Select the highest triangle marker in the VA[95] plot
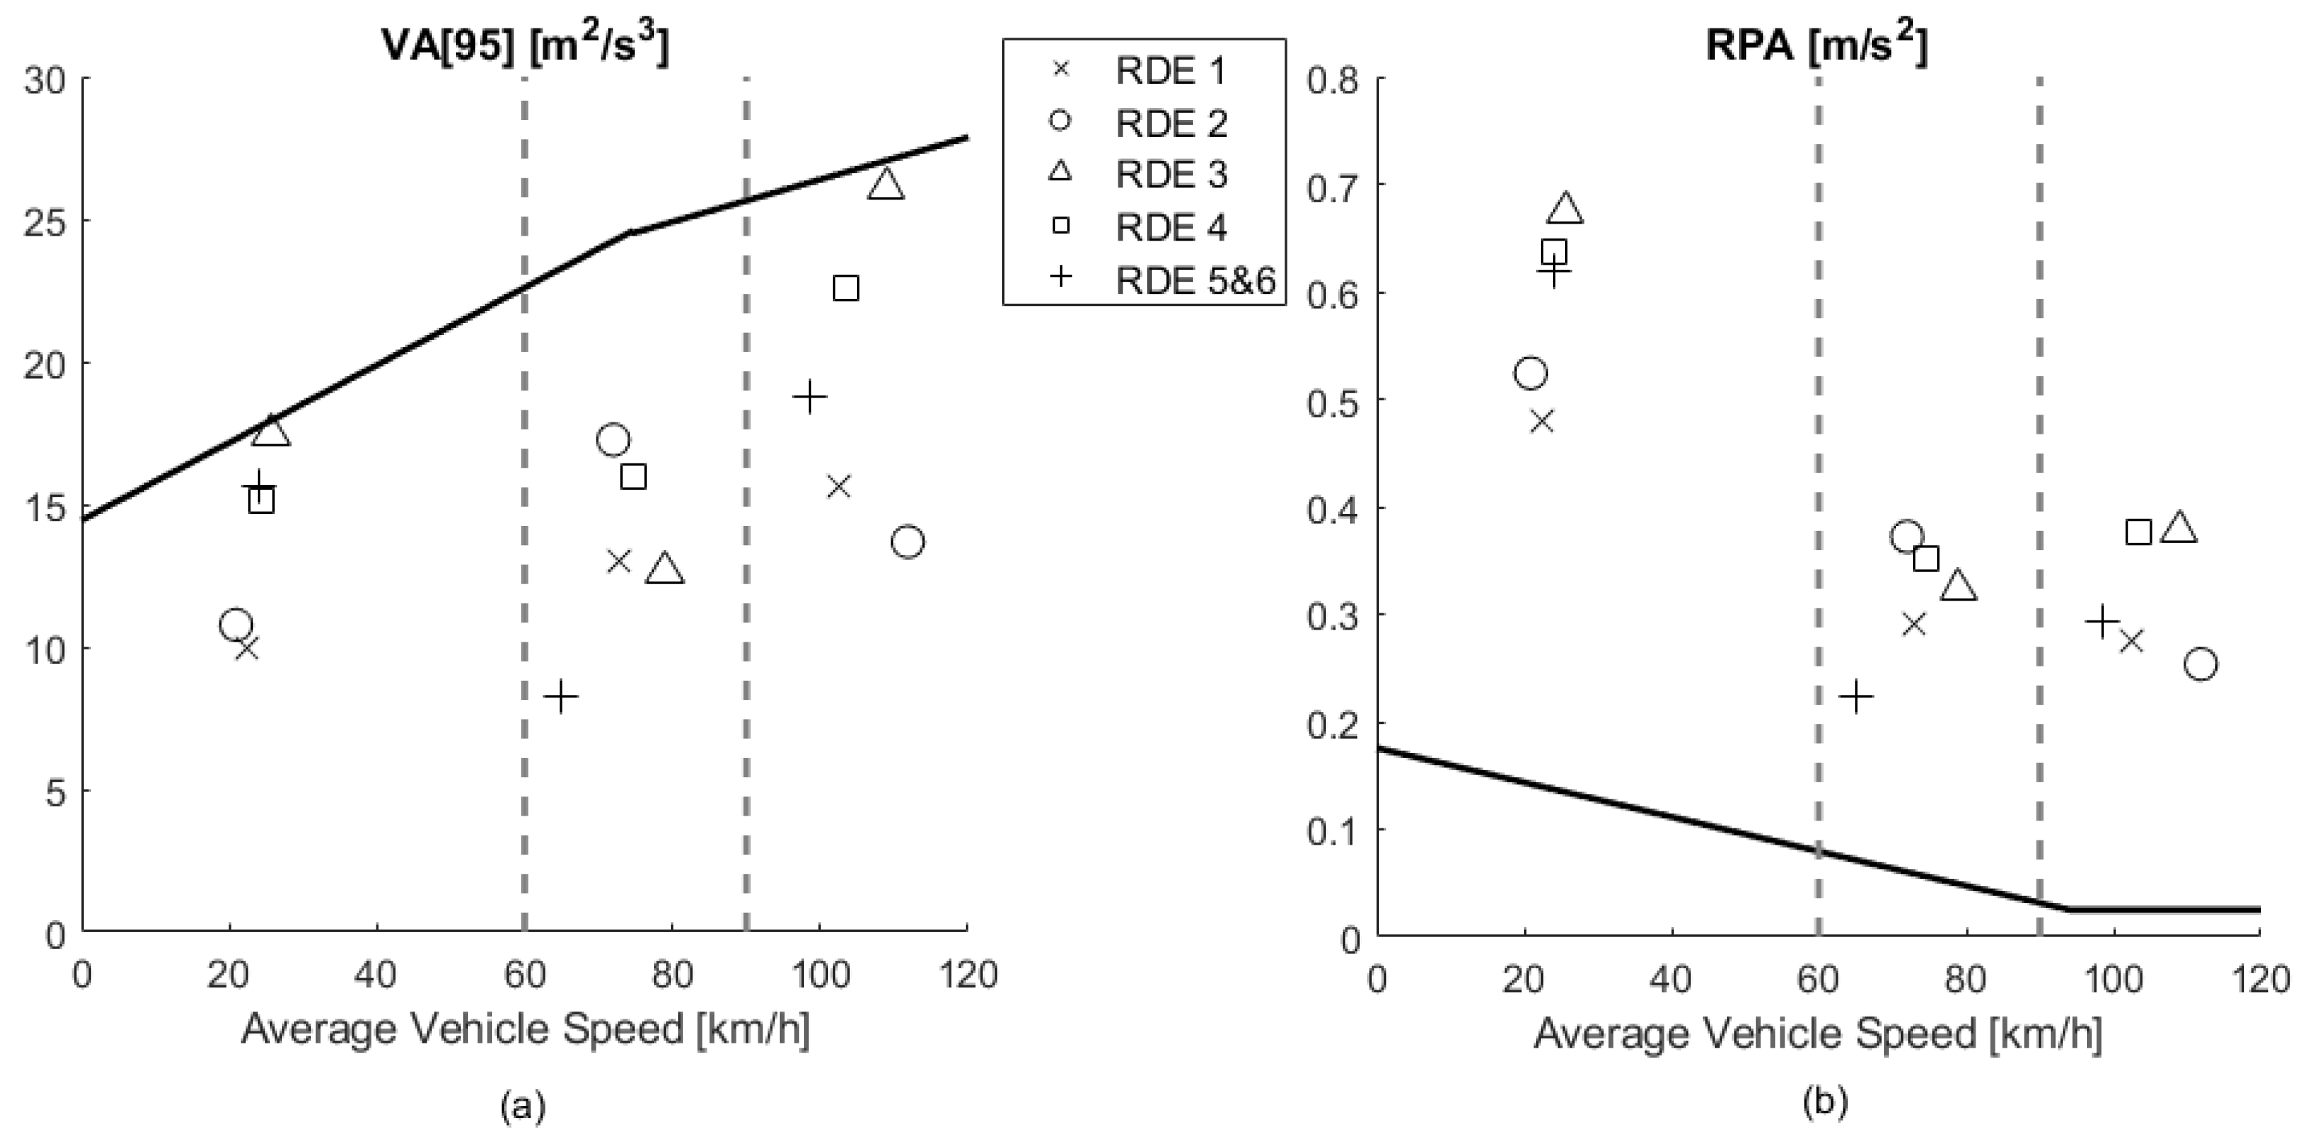tap(886, 184)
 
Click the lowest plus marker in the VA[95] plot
tap(561, 696)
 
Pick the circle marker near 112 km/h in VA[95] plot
tap(908, 542)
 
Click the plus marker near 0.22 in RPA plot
tap(1856, 696)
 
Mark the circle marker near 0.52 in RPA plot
tap(1530, 373)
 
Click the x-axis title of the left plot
tap(525, 1029)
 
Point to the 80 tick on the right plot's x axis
tap(1964, 977)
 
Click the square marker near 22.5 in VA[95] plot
tap(846, 288)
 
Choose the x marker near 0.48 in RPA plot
tap(1541, 422)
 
